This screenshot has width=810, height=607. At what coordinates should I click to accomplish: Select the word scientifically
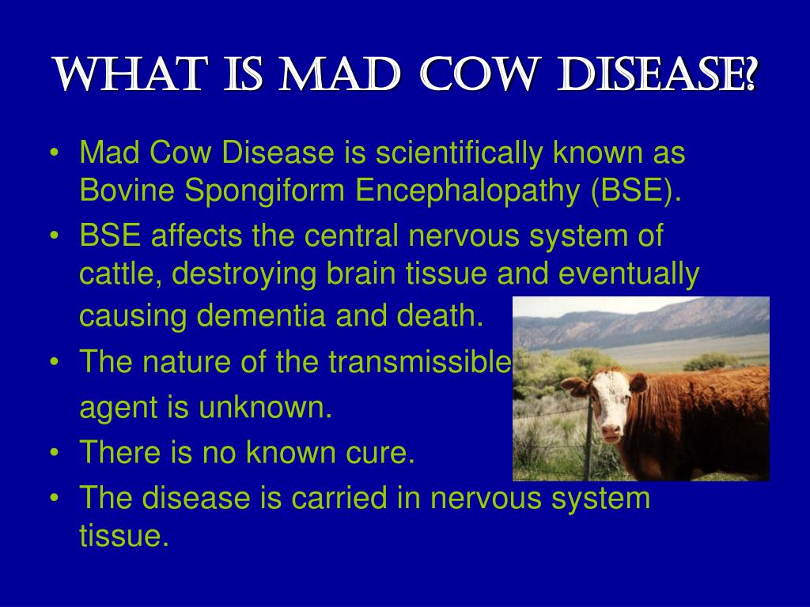pyautogui.click(x=460, y=154)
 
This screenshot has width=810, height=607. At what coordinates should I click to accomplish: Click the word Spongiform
pyautogui.click(x=264, y=191)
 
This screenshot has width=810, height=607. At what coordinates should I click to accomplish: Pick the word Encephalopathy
pyautogui.click(x=467, y=191)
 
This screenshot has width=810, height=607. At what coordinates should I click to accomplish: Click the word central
pyautogui.click(x=351, y=236)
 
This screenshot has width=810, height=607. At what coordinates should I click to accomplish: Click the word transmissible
pyautogui.click(x=420, y=361)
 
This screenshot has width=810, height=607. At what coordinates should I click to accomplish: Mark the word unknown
pyautogui.click(x=265, y=407)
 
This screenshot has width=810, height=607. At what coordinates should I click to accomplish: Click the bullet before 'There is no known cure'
pyautogui.click(x=55, y=452)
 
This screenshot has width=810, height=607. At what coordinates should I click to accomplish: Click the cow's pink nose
pyautogui.click(x=611, y=431)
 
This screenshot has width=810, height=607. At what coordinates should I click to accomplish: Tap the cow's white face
pyautogui.click(x=613, y=403)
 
